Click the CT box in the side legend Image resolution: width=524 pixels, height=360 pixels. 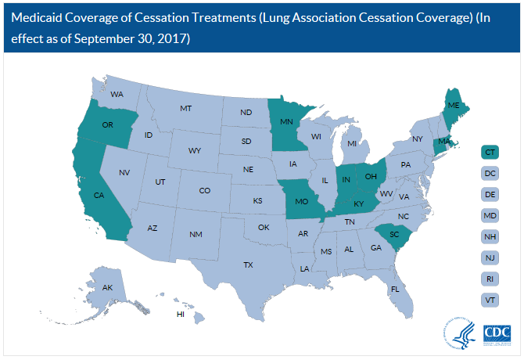pyautogui.click(x=490, y=151)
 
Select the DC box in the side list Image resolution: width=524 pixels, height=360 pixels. pyautogui.click(x=490, y=172)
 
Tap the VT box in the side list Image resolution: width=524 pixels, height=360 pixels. pyautogui.click(x=490, y=299)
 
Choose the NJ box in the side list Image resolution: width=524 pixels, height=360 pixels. pyautogui.click(x=490, y=257)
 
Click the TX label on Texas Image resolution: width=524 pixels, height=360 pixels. pyautogui.click(x=248, y=265)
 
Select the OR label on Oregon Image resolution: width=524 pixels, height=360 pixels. pyautogui.click(x=108, y=125)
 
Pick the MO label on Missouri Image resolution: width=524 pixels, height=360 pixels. pyautogui.click(x=300, y=200)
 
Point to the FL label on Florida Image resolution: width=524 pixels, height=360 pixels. pyautogui.click(x=396, y=289)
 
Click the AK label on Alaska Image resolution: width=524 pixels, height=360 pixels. pyautogui.click(x=108, y=288)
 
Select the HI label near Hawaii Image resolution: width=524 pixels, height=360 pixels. pyautogui.click(x=180, y=315)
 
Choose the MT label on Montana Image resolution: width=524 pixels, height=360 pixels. pyautogui.click(x=186, y=108)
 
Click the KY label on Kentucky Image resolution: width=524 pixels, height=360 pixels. pyautogui.click(x=359, y=203)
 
